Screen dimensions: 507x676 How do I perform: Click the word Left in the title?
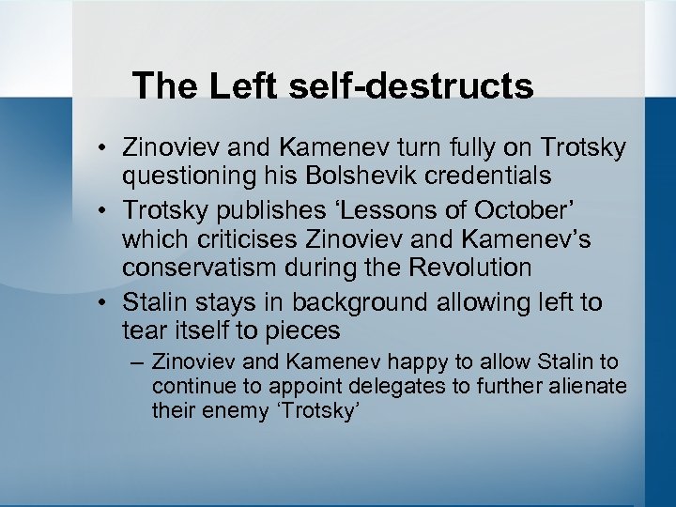241,85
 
